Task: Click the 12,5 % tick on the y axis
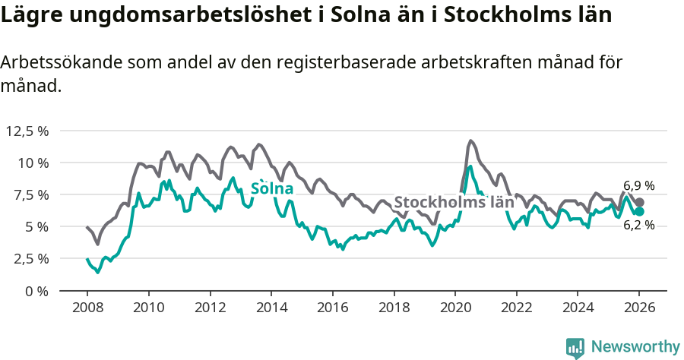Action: click(x=27, y=131)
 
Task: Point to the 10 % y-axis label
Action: click(x=33, y=163)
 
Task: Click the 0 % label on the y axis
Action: click(x=37, y=290)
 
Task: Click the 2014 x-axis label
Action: click(x=271, y=308)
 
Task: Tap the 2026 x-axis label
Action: click(x=638, y=308)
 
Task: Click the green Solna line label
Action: click(x=271, y=188)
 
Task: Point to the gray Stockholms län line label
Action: click(x=454, y=203)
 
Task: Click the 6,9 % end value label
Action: click(x=638, y=185)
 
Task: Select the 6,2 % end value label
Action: click(x=638, y=226)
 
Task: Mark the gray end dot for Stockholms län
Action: click(x=639, y=202)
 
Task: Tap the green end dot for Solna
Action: click(x=639, y=211)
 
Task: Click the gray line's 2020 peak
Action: click(x=470, y=141)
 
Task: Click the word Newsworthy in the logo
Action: click(x=635, y=346)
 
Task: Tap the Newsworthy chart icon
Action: click(x=575, y=347)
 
